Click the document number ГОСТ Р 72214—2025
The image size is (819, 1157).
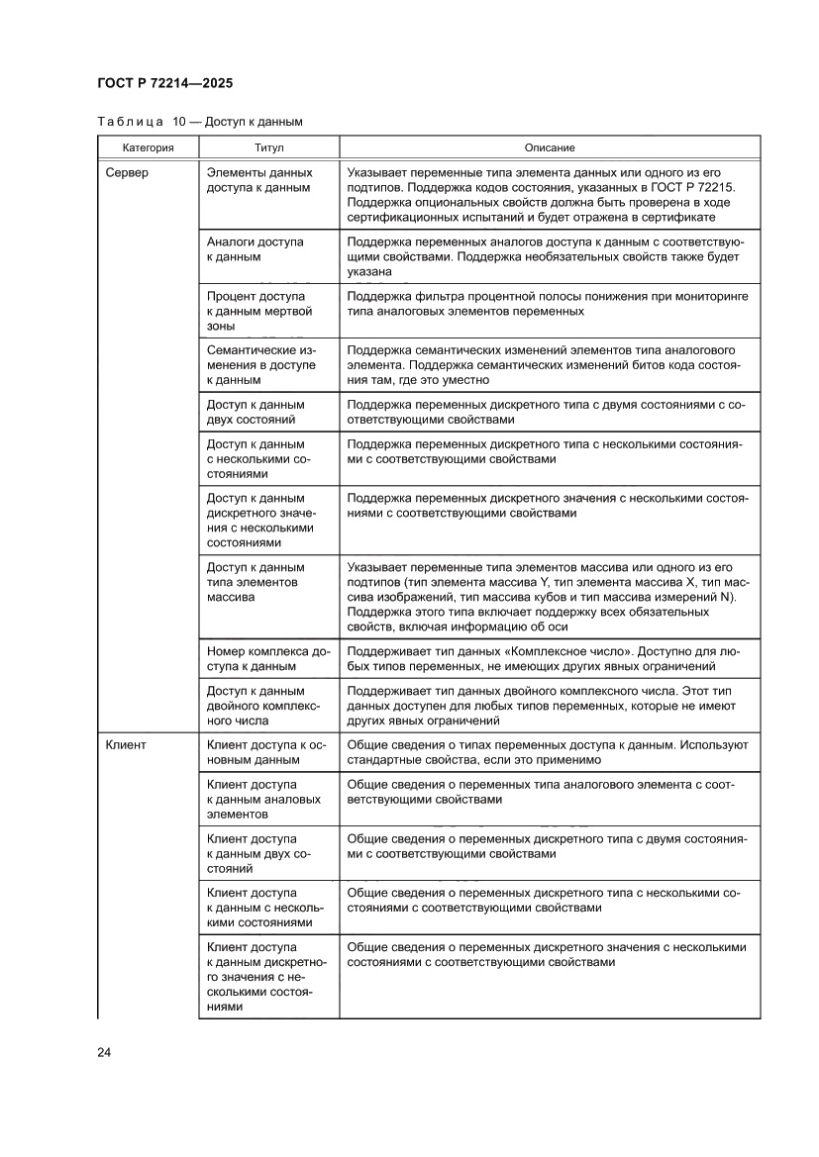pyautogui.click(x=158, y=84)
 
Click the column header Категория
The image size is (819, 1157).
pyautogui.click(x=148, y=147)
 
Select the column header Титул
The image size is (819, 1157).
pyautogui.click(x=268, y=147)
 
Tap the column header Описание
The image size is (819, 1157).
pyautogui.click(x=550, y=147)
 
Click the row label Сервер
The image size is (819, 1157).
pyautogui.click(x=127, y=172)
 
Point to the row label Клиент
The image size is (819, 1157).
pyautogui.click(x=126, y=744)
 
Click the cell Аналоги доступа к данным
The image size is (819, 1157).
pyautogui.click(x=255, y=249)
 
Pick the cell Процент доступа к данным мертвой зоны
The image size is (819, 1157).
pyautogui.click(x=259, y=311)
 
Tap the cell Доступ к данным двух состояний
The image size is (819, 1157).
pyautogui.click(x=256, y=412)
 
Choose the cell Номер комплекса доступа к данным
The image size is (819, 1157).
pyautogui.click(x=267, y=659)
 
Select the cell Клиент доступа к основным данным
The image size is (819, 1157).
pyautogui.click(x=267, y=751)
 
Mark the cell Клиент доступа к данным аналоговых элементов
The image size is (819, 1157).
pyautogui.click(x=263, y=799)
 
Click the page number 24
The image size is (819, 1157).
pyautogui.click(x=103, y=1052)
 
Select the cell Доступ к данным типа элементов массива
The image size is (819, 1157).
pyautogui.click(x=256, y=583)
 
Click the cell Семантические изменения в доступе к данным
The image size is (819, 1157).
pyautogui.click(x=261, y=365)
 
